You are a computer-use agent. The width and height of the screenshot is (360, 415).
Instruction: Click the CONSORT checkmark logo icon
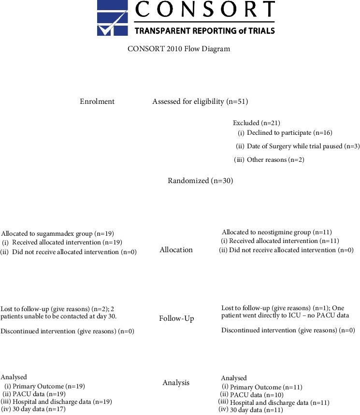click(x=112, y=18)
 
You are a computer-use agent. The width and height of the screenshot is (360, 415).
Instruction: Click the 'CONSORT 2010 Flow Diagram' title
click(x=179, y=49)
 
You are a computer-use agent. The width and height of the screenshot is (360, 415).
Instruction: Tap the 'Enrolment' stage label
click(x=97, y=101)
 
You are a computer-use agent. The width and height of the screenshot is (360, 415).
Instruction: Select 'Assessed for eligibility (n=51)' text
click(x=200, y=101)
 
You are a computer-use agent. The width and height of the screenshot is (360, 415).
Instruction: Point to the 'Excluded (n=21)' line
click(x=257, y=123)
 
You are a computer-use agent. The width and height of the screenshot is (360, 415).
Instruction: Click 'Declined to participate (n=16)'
click(x=289, y=132)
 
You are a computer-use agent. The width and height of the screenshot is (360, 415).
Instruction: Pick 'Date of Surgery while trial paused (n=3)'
click(x=303, y=146)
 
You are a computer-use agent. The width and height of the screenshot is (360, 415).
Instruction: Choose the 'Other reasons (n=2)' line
click(x=275, y=159)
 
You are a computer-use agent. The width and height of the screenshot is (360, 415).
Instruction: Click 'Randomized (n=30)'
click(x=200, y=181)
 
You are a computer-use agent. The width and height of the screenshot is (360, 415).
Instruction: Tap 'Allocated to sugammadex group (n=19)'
click(x=58, y=233)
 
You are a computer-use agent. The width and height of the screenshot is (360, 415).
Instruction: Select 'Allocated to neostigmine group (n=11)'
click(x=277, y=232)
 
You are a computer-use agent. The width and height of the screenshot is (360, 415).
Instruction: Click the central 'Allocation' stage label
click(x=176, y=250)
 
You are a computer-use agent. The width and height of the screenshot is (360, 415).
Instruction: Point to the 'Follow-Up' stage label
click(x=176, y=318)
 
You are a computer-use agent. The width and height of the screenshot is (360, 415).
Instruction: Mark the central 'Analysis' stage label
click(x=176, y=383)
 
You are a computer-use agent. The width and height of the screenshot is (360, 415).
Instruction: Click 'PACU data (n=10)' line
click(x=257, y=395)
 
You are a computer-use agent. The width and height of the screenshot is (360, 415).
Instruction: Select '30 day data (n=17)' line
click(x=39, y=409)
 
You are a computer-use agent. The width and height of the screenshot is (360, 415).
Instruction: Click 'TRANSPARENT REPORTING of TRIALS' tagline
click(x=204, y=30)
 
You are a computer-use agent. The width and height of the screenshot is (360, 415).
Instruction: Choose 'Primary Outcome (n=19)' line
click(x=48, y=386)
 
